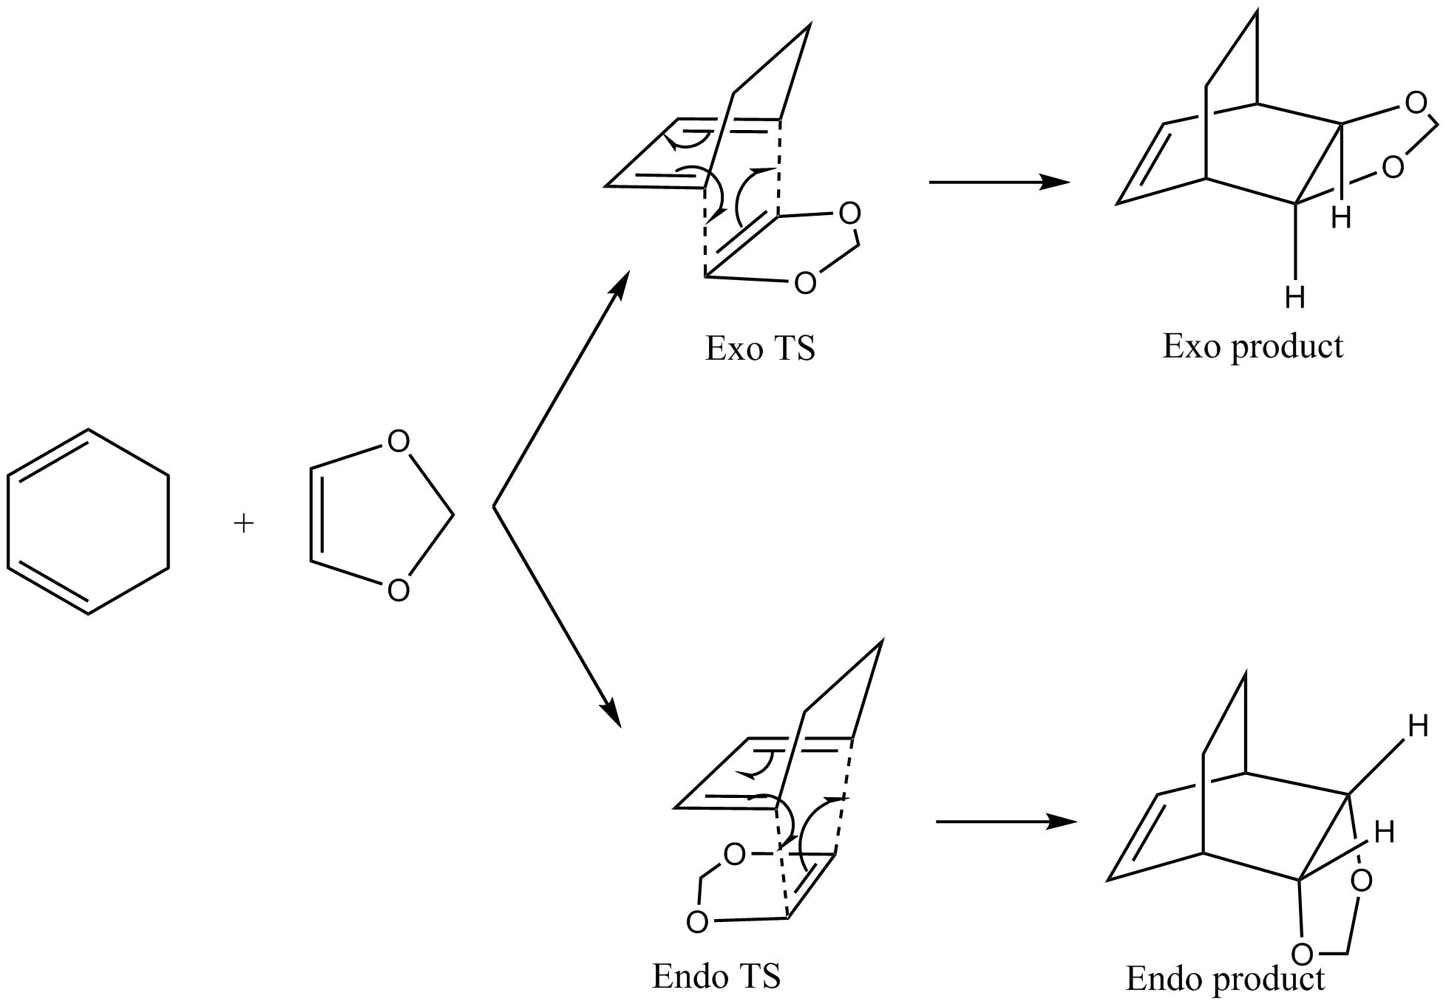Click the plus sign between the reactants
pyautogui.click(x=243, y=524)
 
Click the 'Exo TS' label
pyautogui.click(x=760, y=349)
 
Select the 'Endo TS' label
pyautogui.click(x=716, y=976)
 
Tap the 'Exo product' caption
pyautogui.click(x=1252, y=346)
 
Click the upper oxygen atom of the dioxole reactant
pyautogui.click(x=398, y=442)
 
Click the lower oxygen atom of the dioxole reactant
pyautogui.click(x=398, y=590)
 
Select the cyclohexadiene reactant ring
pyautogui.click(x=88, y=522)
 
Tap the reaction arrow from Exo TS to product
pyautogui.click(x=998, y=182)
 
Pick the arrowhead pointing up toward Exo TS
pyautogui.click(x=620, y=284)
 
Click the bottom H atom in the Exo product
pyautogui.click(x=1294, y=298)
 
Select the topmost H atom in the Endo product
pyautogui.click(x=1417, y=726)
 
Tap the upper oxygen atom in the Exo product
pyautogui.click(x=1416, y=103)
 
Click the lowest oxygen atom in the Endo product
pyautogui.click(x=1302, y=954)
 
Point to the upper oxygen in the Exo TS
pyautogui.click(x=850, y=214)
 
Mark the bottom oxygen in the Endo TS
pyautogui.click(x=696, y=921)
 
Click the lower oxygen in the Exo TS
pyautogui.click(x=805, y=283)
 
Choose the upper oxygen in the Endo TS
pyautogui.click(x=734, y=855)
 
